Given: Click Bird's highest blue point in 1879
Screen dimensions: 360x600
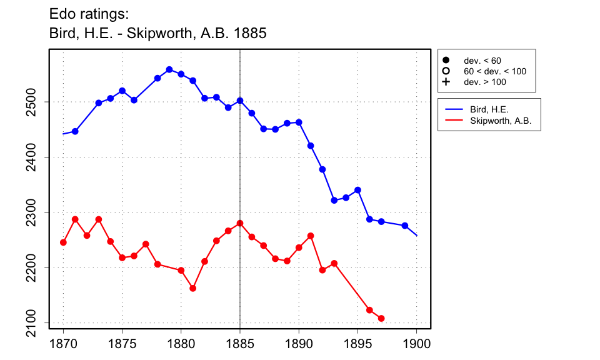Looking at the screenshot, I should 169,69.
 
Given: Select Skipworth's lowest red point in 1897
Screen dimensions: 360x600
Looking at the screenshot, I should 381,318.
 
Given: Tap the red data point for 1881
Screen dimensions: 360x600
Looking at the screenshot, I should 193,288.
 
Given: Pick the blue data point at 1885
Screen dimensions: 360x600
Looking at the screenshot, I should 240,100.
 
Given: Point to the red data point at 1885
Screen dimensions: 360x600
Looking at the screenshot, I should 240,223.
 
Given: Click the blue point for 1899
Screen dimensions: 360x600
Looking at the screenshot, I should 405,226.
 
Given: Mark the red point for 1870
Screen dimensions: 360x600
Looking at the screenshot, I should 63,242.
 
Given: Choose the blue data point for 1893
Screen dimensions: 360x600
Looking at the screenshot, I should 334,200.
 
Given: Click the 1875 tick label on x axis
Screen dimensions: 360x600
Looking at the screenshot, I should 122,343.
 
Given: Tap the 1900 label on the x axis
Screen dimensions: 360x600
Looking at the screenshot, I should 416,343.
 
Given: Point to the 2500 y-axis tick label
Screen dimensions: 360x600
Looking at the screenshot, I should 36,102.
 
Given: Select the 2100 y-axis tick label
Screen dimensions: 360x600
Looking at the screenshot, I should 36,323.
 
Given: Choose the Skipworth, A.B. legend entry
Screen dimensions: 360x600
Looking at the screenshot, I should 500,121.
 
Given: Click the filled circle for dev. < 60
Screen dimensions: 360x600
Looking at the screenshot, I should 446,61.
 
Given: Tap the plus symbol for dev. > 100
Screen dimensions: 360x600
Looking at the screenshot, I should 446,82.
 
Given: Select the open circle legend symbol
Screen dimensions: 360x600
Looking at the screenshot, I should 446,71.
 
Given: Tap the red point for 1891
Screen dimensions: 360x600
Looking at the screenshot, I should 311,236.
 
